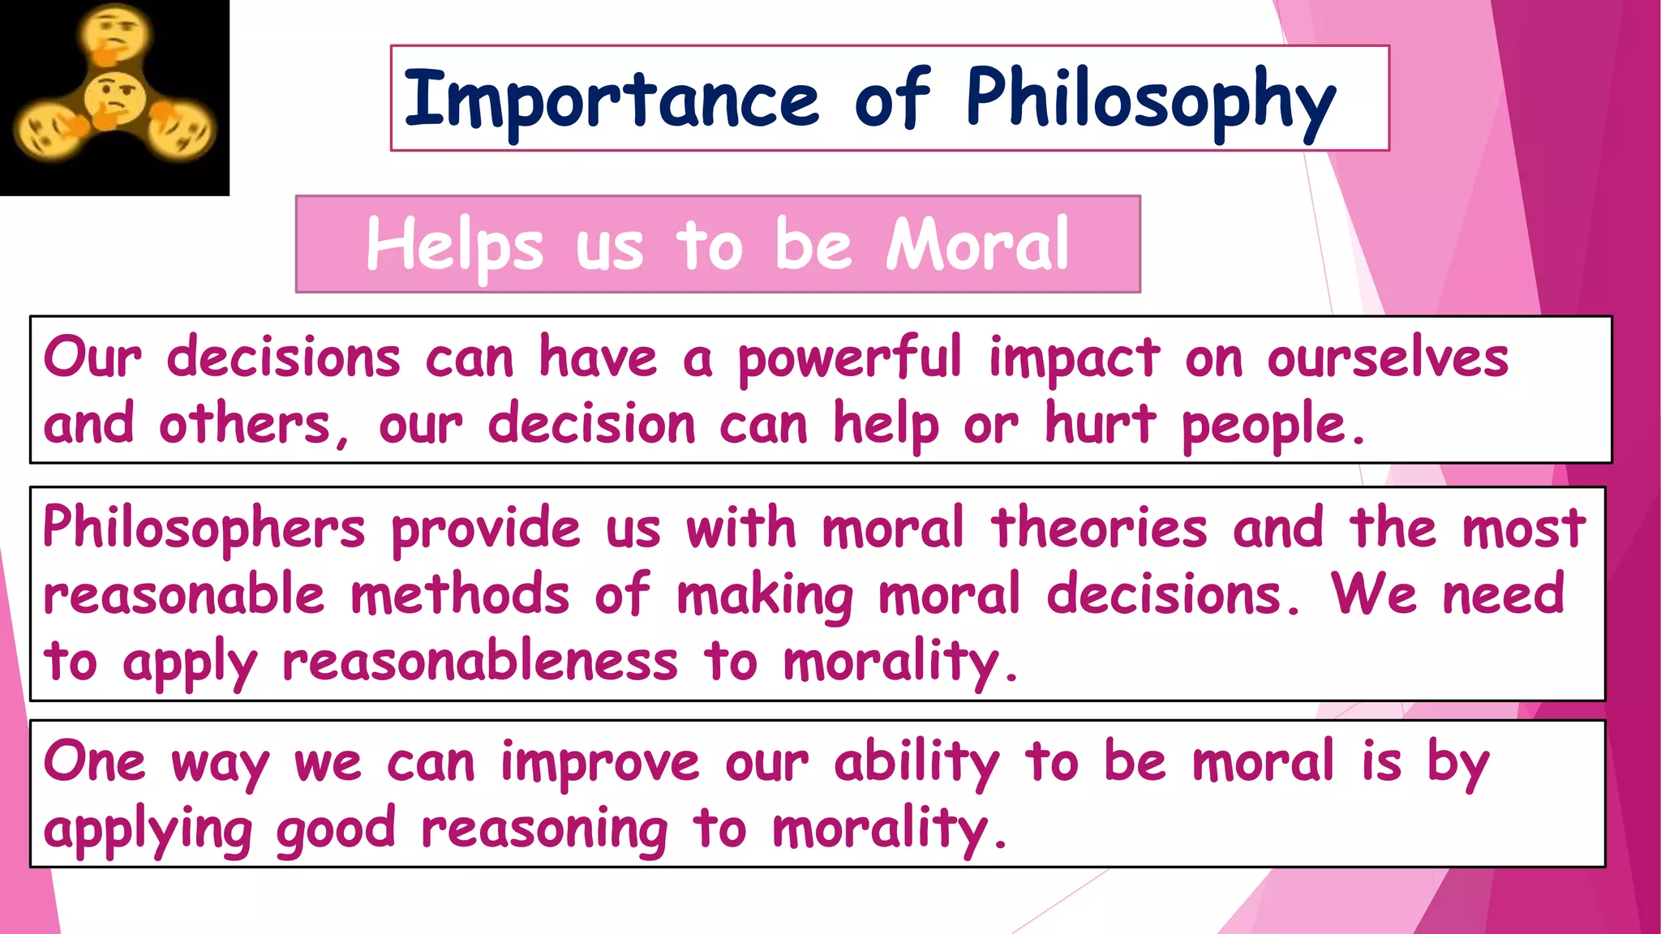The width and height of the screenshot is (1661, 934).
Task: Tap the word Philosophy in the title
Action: [1150, 101]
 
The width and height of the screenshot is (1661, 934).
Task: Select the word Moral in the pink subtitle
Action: [977, 244]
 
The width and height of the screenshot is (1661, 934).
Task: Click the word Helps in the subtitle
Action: [454, 246]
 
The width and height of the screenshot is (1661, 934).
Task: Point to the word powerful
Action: [849, 358]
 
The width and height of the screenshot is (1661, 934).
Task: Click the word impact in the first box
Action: [1074, 358]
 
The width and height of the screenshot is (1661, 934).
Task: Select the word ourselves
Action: [1388, 357]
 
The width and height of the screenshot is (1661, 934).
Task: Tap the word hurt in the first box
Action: [1100, 424]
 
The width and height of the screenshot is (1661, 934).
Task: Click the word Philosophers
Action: [204, 529]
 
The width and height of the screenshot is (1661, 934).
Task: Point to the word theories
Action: [1099, 527]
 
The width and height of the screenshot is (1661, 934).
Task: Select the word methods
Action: [460, 594]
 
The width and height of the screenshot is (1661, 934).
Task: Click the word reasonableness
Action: [479, 661]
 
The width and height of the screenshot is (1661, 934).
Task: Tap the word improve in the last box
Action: [599, 764]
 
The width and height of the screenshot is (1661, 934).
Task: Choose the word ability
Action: [916, 764]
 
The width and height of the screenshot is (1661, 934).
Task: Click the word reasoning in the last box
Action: [544, 830]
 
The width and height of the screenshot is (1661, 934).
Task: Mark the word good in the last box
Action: [336, 830]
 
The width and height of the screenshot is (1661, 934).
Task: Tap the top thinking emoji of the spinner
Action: [116, 34]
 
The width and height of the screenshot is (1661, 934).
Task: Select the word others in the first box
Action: [244, 424]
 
